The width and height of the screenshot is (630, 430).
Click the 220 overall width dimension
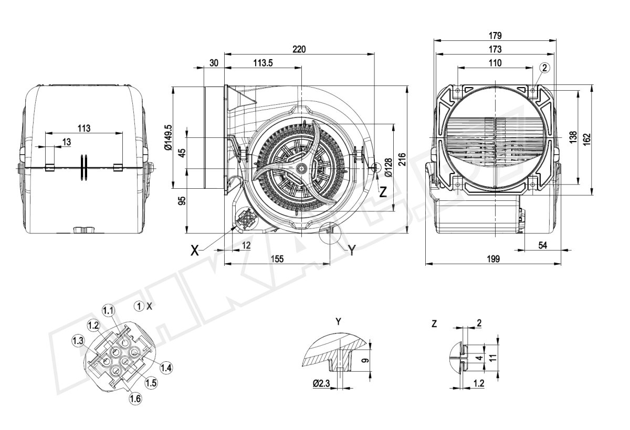(299, 49)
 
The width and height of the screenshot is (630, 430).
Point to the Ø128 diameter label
(388, 166)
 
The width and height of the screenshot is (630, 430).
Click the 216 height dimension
(402, 158)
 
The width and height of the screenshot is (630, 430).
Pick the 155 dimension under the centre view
(277, 259)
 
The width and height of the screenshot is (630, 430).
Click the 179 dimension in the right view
(495, 36)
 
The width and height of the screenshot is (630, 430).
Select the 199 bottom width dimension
(493, 259)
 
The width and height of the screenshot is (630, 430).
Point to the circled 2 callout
(544, 68)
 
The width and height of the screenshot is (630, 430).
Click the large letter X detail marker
(195, 251)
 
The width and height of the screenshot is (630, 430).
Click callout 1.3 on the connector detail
(78, 340)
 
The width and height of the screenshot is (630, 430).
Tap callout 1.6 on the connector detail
(135, 399)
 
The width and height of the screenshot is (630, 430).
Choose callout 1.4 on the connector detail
(166, 367)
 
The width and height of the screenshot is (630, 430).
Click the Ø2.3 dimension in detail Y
(321, 384)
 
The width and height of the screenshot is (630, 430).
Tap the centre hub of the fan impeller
(301, 168)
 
